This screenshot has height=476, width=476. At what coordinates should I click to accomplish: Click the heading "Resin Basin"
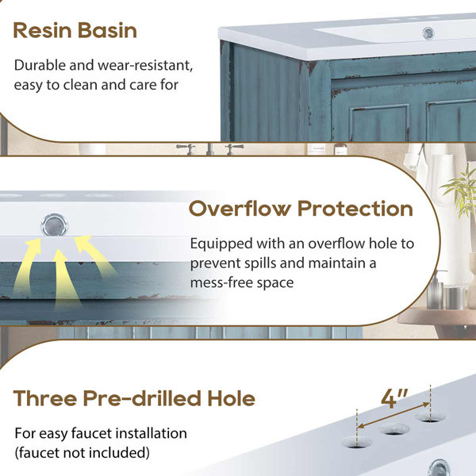(75, 31)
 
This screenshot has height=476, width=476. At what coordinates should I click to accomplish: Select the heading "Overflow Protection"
(301, 209)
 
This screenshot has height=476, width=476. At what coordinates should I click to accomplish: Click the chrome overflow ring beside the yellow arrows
(55, 225)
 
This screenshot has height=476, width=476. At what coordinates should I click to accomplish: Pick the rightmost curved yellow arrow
(94, 255)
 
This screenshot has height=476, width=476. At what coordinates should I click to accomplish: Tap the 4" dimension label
(394, 397)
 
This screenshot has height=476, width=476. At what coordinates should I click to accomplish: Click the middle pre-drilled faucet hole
(395, 428)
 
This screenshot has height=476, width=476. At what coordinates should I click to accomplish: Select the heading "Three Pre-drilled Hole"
(134, 398)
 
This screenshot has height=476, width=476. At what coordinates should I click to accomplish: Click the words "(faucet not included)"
(82, 453)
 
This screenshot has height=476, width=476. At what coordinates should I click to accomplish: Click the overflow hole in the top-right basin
(428, 33)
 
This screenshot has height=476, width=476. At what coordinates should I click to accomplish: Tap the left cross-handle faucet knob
(186, 149)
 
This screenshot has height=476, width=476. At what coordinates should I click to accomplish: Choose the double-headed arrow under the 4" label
(394, 415)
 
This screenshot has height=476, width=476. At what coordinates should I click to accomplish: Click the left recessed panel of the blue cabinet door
(379, 123)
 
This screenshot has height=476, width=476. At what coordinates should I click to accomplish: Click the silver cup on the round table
(455, 298)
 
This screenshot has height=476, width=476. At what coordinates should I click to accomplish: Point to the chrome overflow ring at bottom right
(439, 468)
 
